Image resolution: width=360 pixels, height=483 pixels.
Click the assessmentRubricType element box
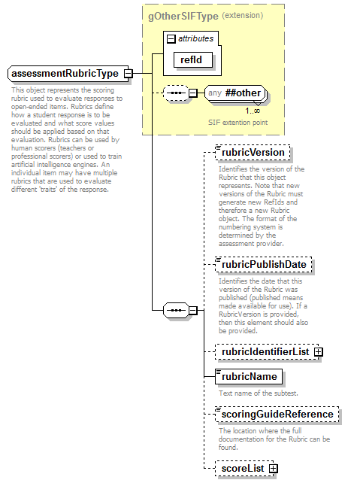point(65,74)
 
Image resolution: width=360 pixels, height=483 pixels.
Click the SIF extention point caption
point(237,122)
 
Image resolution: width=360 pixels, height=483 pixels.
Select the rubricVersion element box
point(250,153)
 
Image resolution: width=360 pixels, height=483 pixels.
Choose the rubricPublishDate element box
point(264,265)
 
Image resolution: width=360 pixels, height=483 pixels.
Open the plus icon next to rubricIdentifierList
point(319,351)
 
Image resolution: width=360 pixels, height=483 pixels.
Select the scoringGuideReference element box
point(275,414)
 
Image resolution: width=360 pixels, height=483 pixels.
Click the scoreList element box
point(241,469)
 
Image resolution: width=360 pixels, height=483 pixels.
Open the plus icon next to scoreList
point(274,469)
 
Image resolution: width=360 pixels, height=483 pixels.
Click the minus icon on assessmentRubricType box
point(129,74)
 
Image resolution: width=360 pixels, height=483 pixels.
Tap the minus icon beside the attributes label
point(171,38)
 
